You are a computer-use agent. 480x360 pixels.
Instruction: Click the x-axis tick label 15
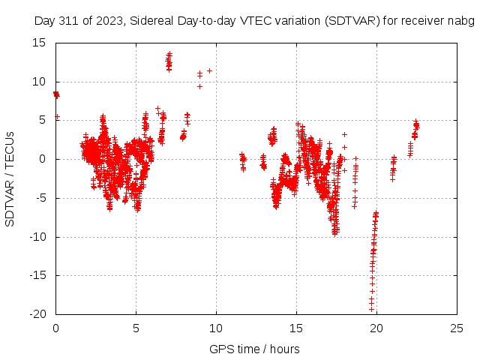[x=296, y=328]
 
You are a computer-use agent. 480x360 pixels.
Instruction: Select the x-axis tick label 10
[x=216, y=328]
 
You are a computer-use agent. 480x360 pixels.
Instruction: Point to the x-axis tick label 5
[x=136, y=328]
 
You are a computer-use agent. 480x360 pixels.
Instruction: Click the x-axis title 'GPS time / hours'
[x=256, y=349]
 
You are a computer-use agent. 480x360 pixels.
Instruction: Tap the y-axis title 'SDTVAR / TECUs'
[x=10, y=178]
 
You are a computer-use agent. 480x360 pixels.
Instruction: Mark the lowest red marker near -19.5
[x=371, y=309]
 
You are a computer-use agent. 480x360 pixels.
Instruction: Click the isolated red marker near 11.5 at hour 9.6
[x=209, y=70]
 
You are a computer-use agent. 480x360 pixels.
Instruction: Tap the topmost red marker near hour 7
[x=169, y=53]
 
